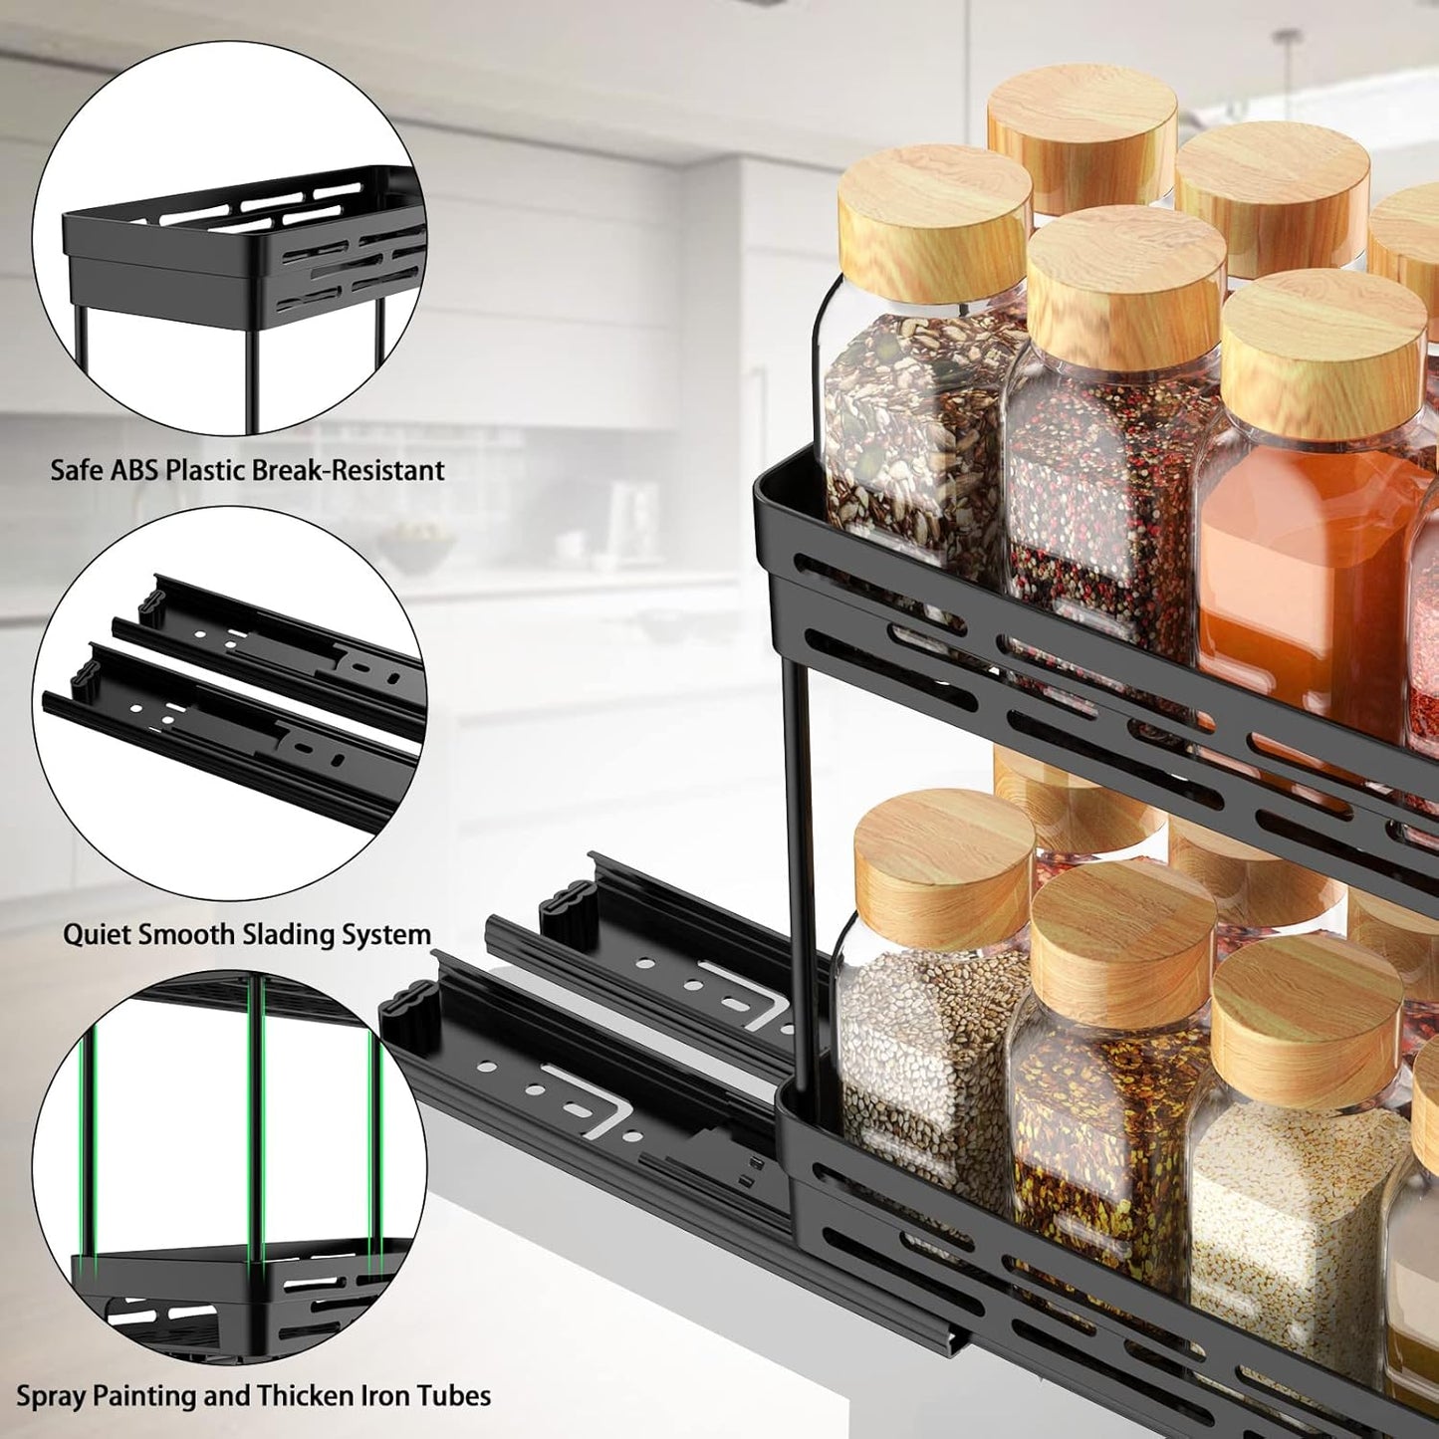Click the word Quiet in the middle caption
[x=97, y=935]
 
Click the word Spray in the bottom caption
[x=51, y=1396]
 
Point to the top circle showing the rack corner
[x=230, y=239]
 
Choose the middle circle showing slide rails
[x=230, y=703]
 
